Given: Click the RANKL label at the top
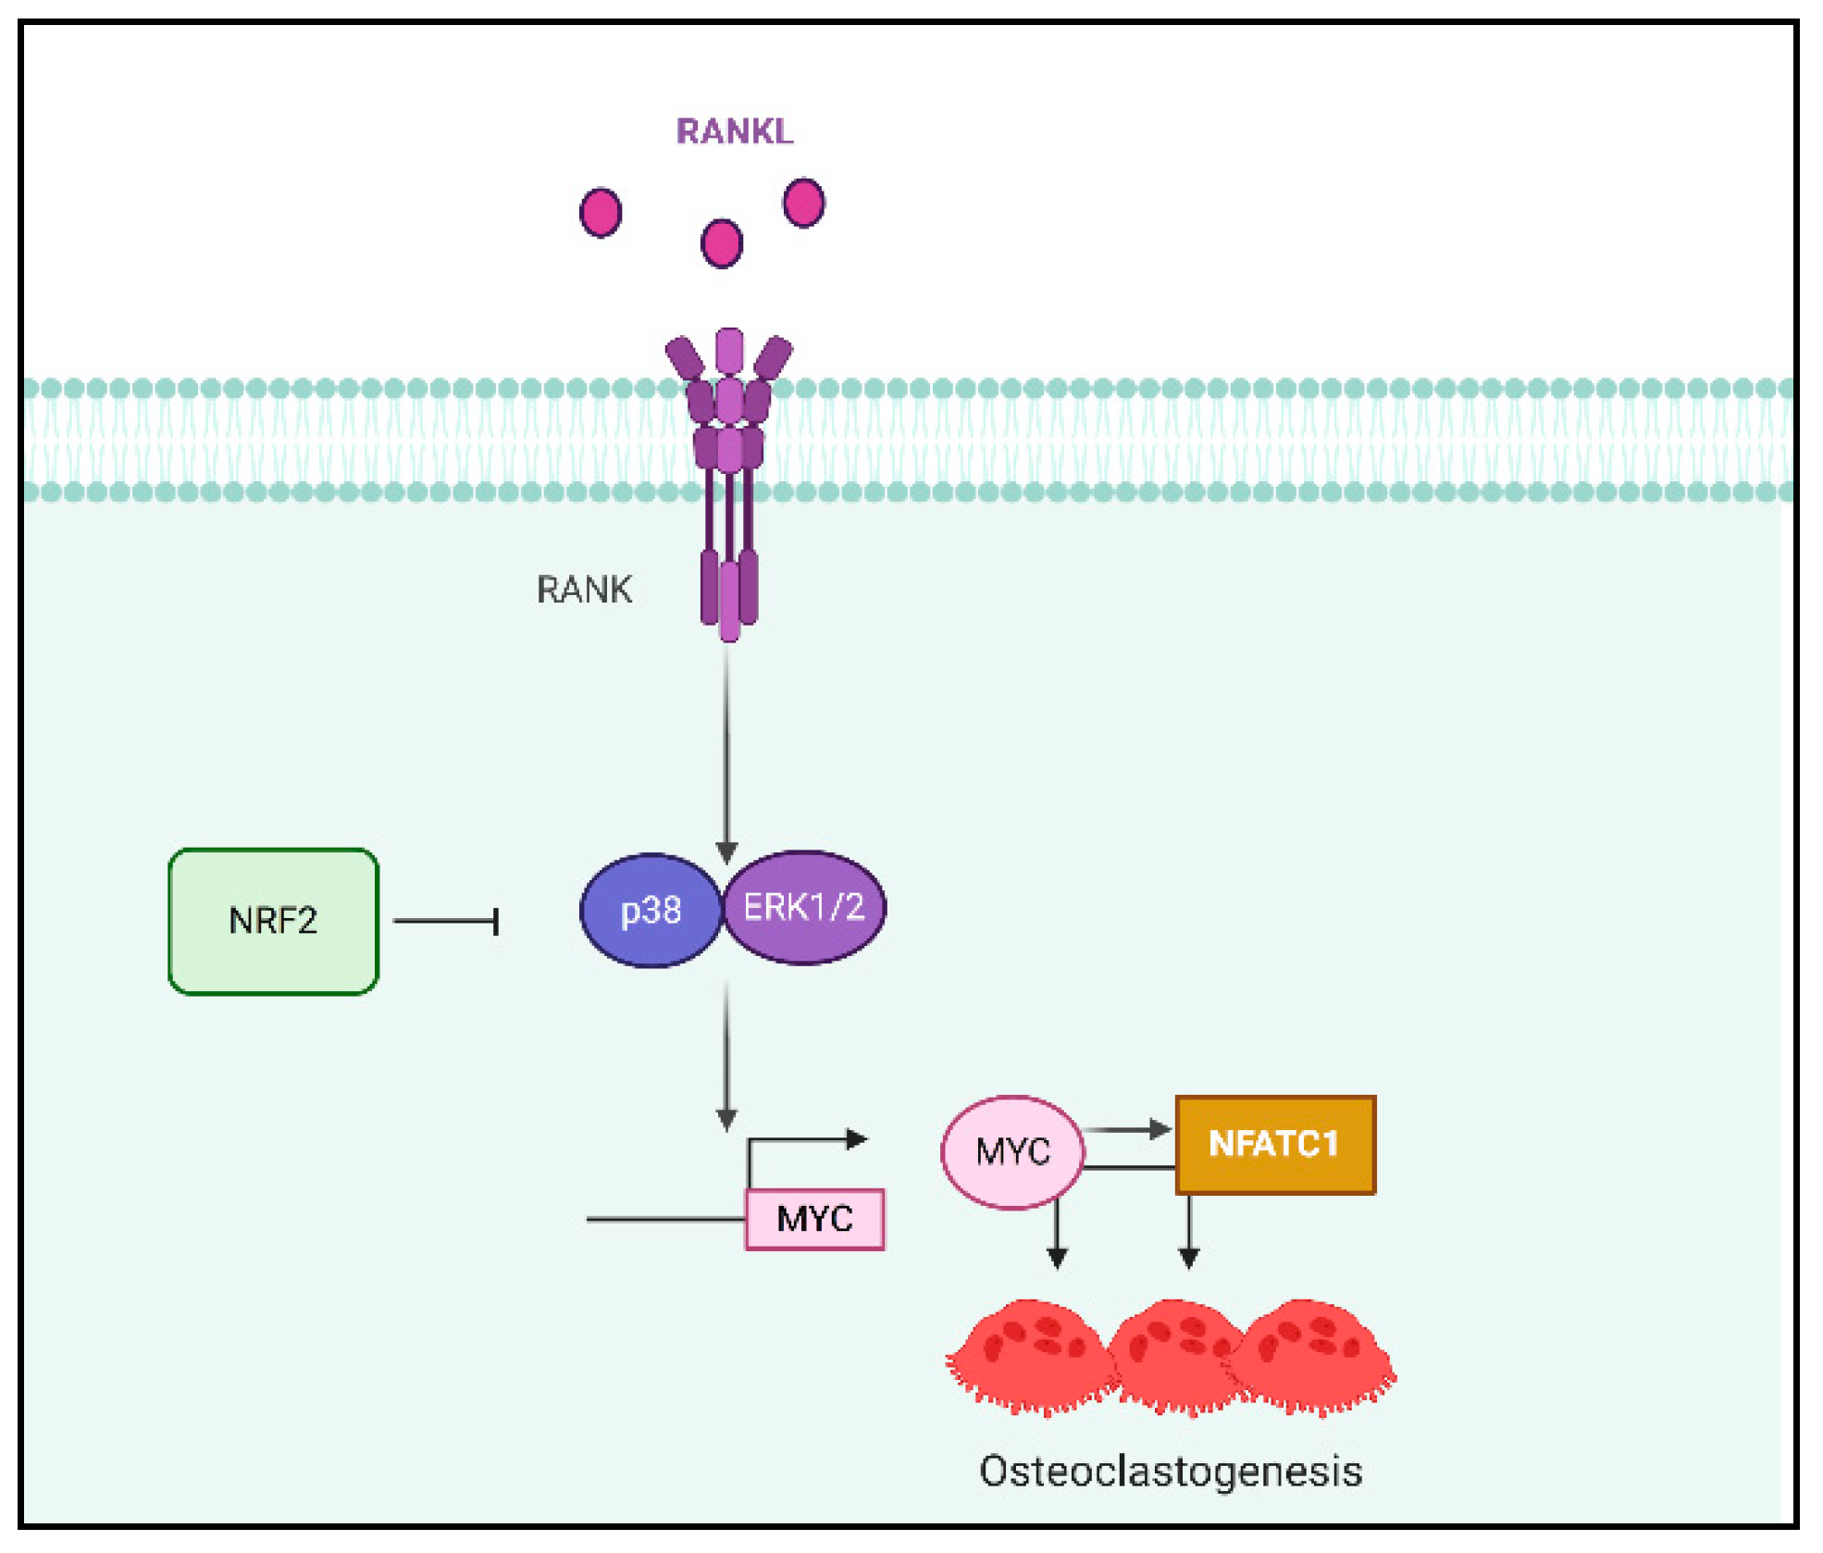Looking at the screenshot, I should [734, 131].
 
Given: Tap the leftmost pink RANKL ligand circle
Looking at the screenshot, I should [601, 212].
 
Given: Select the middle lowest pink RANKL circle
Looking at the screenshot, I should [722, 243].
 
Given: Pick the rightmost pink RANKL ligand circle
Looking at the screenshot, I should [803, 203].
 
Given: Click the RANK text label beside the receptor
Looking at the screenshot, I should [584, 590].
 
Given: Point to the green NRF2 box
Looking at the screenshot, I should [273, 921].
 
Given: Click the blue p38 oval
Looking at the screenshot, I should [651, 911].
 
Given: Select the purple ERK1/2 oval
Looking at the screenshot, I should [804, 907].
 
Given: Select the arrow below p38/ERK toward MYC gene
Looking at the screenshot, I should [726, 1055].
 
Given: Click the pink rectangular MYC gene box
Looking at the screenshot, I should [814, 1219].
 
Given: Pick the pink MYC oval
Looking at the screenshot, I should [1012, 1152].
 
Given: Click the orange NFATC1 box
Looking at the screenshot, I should [1274, 1145].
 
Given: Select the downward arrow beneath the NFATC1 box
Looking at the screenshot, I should [1189, 1231].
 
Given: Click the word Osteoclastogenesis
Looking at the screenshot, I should [1171, 1471].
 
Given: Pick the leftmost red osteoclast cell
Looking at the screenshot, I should [1029, 1356].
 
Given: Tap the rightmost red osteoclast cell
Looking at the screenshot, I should [1314, 1356].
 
